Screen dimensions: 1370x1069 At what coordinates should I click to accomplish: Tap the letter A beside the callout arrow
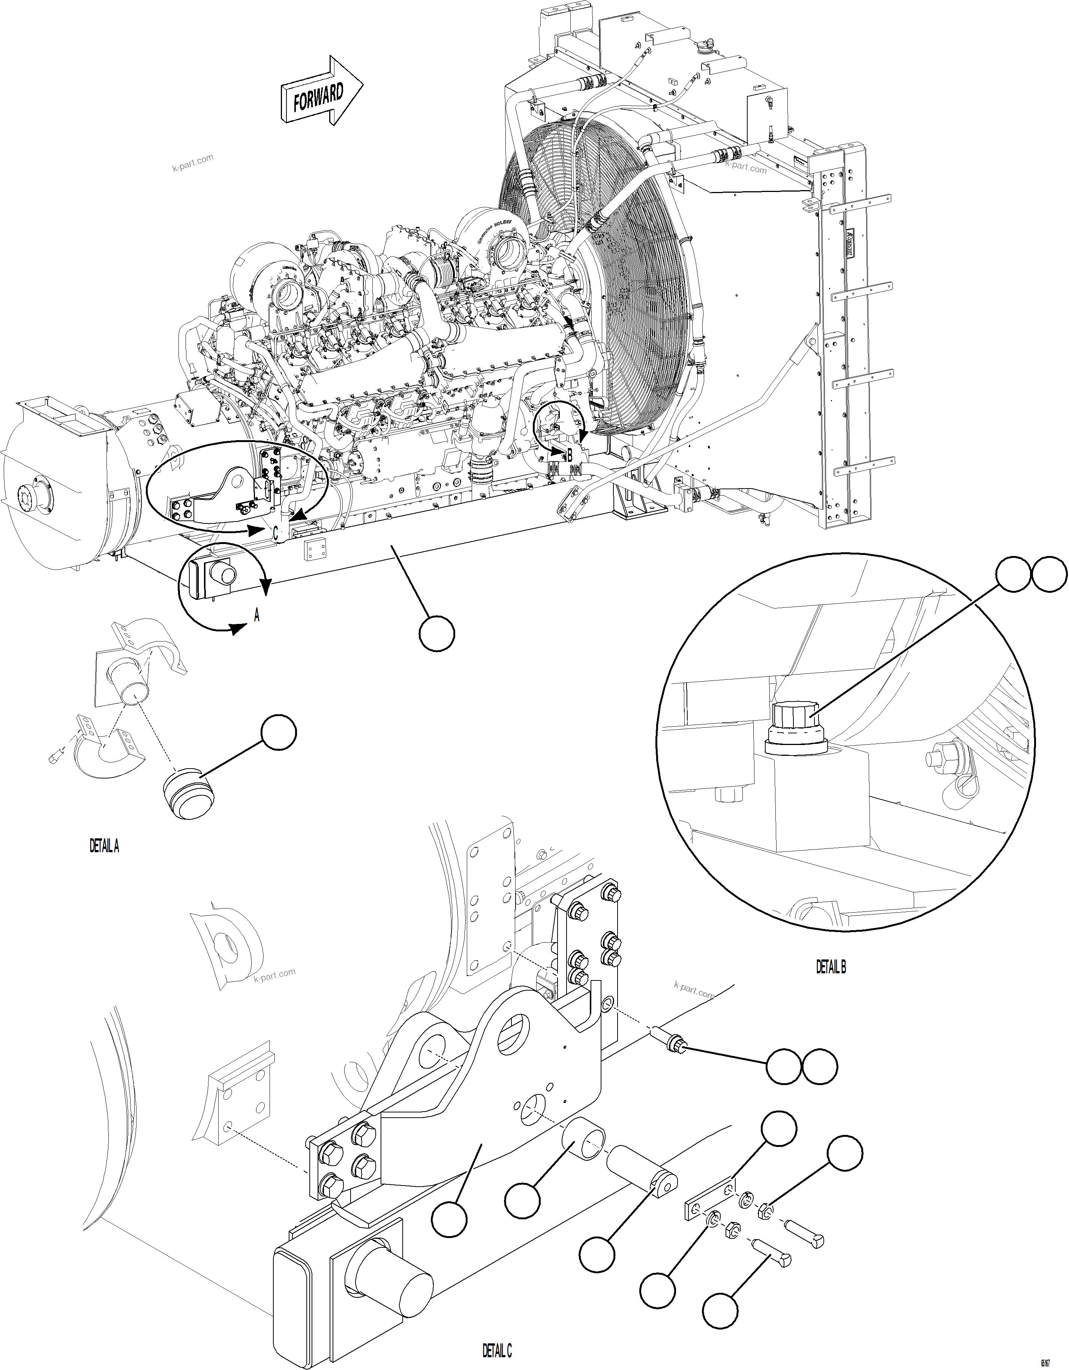click(x=256, y=617)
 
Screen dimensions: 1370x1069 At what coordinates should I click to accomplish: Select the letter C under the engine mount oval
click(x=275, y=533)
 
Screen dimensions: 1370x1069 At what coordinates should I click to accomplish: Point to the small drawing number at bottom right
click(x=1045, y=1361)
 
